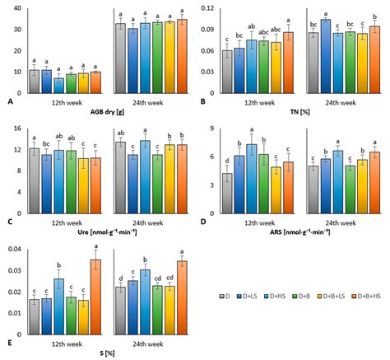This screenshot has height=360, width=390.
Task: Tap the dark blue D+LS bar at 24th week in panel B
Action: [326, 58]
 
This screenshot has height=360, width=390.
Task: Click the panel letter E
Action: [8, 344]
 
